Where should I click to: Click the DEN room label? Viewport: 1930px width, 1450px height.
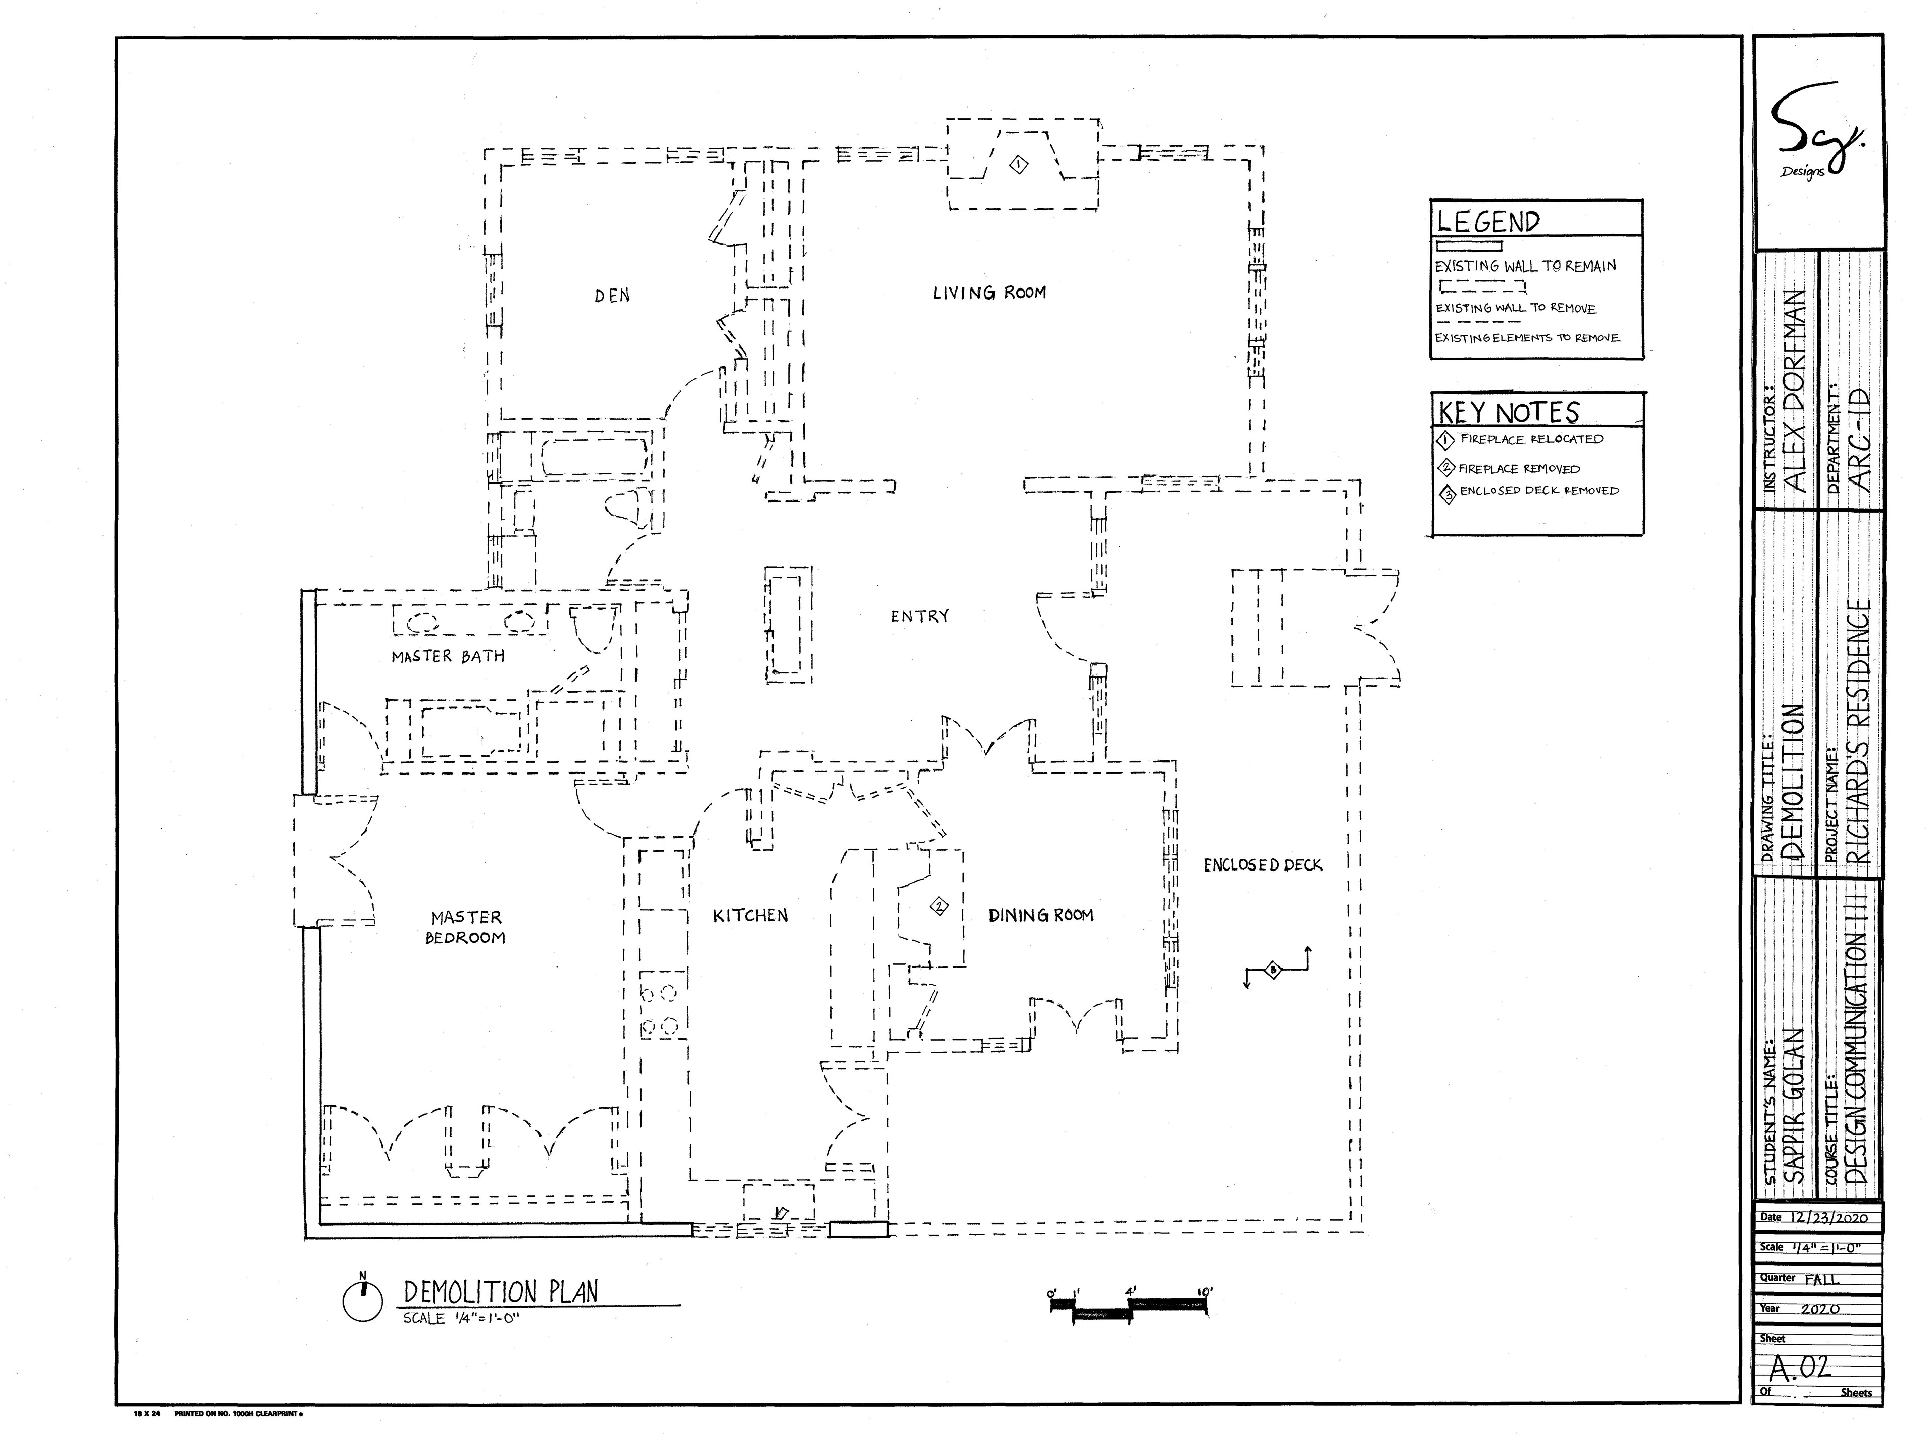point(612,296)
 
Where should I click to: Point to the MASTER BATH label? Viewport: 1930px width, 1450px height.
point(448,656)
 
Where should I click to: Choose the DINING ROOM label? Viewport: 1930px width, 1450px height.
point(1040,915)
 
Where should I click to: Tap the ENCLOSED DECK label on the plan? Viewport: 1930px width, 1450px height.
point(1263,865)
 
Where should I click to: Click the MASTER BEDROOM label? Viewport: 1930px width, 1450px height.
point(466,927)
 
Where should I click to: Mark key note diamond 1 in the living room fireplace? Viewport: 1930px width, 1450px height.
point(1018,164)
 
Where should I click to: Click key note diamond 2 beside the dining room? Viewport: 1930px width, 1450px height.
point(939,906)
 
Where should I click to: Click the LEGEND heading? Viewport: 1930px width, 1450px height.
point(1489,222)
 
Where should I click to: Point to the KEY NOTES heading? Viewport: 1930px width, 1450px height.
point(1509,412)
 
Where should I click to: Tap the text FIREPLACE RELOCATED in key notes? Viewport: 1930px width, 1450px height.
point(1531,439)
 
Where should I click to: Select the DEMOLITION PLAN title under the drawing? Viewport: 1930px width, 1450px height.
point(500,1292)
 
